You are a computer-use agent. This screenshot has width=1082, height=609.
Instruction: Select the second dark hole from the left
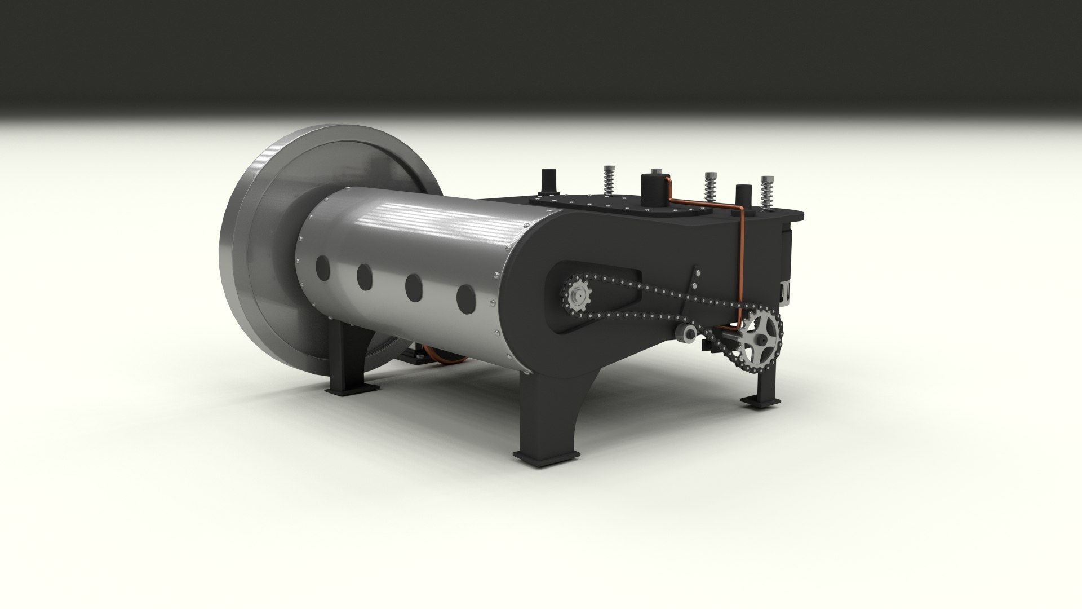click(365, 276)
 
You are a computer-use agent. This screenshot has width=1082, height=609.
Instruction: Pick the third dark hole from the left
click(414, 286)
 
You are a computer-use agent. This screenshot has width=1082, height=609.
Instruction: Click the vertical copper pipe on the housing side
click(742, 265)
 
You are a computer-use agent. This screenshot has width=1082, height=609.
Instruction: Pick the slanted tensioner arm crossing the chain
click(691, 299)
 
